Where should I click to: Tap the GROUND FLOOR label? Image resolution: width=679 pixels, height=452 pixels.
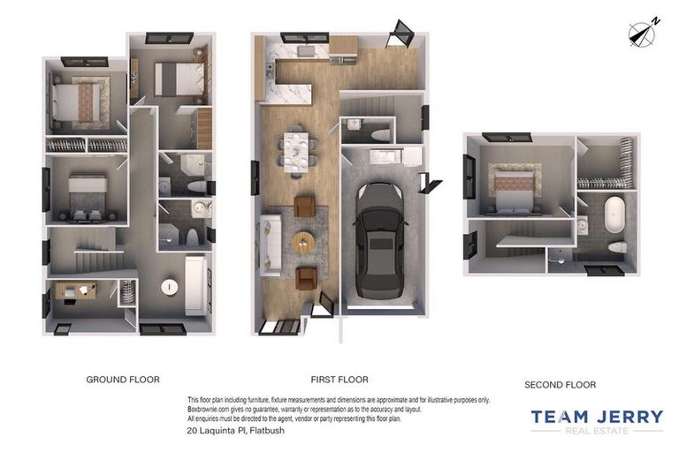tap(123, 380)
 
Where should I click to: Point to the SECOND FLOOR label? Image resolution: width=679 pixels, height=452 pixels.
tap(560, 385)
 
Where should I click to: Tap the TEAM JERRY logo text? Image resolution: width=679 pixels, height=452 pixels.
tap(597, 417)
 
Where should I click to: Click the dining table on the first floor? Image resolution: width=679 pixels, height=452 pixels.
tap(298, 150)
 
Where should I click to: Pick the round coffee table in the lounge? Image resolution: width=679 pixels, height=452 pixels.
tap(303, 241)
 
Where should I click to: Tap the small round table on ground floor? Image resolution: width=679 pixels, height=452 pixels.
tap(168, 286)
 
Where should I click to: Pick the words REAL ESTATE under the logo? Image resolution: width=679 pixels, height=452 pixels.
tap(597, 431)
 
